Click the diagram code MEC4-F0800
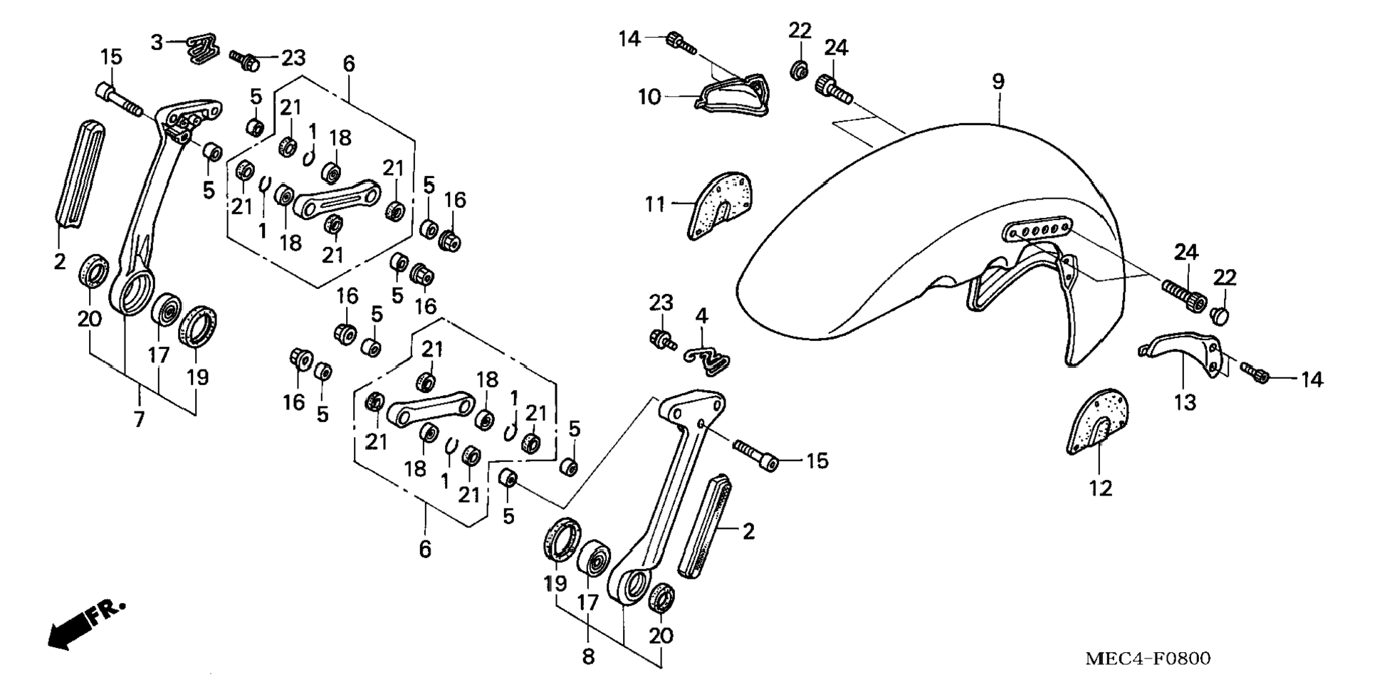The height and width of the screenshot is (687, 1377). pyautogui.click(x=1147, y=659)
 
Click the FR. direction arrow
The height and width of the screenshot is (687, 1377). pyautogui.click(x=85, y=625)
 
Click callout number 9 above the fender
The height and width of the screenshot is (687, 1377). pyautogui.click(x=998, y=81)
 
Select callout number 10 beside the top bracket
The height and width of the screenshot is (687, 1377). pyautogui.click(x=649, y=97)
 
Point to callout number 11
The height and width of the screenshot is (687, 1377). pyautogui.click(x=654, y=204)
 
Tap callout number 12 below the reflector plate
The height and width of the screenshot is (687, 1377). pyautogui.click(x=1100, y=488)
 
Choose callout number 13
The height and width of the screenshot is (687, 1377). pyautogui.click(x=1185, y=403)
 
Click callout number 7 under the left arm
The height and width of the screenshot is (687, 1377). pyautogui.click(x=139, y=419)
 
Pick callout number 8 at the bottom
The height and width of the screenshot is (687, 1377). pyautogui.click(x=588, y=656)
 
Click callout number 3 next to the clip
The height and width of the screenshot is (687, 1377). pyautogui.click(x=157, y=43)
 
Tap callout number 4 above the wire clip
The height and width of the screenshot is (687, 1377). pyautogui.click(x=702, y=315)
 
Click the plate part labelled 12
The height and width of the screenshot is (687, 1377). pyautogui.click(x=1098, y=421)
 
